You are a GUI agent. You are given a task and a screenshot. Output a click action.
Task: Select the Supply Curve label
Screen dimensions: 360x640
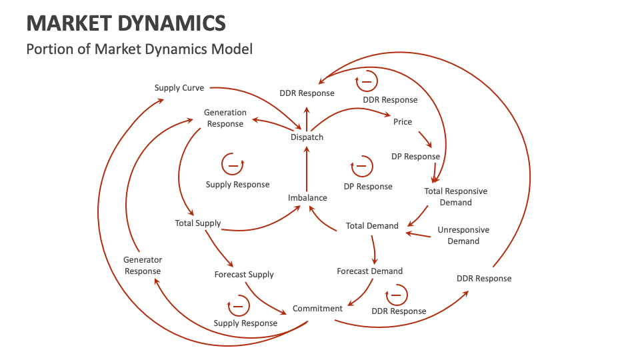(x=179, y=88)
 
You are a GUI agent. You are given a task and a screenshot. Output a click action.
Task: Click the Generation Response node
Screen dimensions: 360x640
(x=225, y=118)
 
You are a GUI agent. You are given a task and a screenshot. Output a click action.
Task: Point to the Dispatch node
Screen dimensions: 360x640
(x=307, y=137)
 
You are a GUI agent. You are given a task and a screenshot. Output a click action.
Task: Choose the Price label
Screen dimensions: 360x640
(x=403, y=122)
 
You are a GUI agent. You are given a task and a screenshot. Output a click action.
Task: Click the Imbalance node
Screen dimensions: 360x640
(x=307, y=198)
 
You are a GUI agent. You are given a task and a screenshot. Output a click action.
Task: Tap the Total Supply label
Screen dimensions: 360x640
(x=198, y=223)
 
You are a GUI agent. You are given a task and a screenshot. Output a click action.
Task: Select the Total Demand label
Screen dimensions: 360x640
(x=372, y=226)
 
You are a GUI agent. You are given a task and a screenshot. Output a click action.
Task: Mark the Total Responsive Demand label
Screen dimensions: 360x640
(x=456, y=197)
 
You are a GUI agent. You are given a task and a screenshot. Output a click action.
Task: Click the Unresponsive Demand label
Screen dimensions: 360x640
(x=463, y=235)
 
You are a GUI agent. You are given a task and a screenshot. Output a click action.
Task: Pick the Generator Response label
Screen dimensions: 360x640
(x=143, y=265)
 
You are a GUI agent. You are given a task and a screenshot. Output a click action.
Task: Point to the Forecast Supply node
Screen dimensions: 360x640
(x=244, y=275)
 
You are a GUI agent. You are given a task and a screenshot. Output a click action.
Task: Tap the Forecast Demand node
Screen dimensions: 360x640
(x=369, y=271)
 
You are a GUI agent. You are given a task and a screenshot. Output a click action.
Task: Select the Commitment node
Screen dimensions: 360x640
(x=317, y=309)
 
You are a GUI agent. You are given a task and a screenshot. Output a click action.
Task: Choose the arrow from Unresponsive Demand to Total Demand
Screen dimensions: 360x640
(x=419, y=234)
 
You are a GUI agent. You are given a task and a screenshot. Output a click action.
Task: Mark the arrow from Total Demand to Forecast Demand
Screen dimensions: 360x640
(x=374, y=249)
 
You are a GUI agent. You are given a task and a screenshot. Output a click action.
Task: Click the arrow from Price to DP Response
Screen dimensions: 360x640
(x=424, y=138)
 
